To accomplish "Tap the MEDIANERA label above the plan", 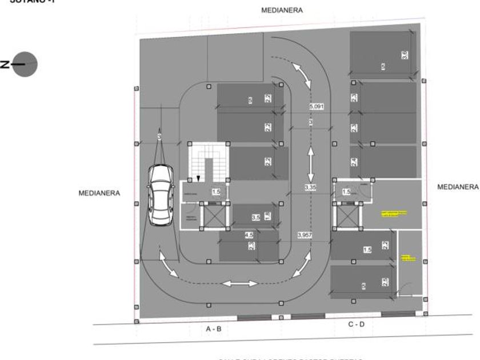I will click(x=282, y=10).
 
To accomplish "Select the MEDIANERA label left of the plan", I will click(x=99, y=193).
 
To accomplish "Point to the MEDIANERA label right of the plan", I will click(x=457, y=187).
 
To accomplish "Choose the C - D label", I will click(x=356, y=325).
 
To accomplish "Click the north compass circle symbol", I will click(x=26, y=64).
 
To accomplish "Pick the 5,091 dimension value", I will click(x=317, y=107).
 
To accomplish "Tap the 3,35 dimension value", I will click(x=310, y=187).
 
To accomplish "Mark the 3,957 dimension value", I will click(x=306, y=235).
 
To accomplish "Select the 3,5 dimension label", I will click(x=256, y=217).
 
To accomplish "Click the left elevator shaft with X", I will click(x=209, y=216).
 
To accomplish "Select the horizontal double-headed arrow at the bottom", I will click(x=240, y=283).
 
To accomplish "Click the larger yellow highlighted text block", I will click(x=394, y=214).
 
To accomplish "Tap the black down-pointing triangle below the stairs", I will click(x=198, y=179).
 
